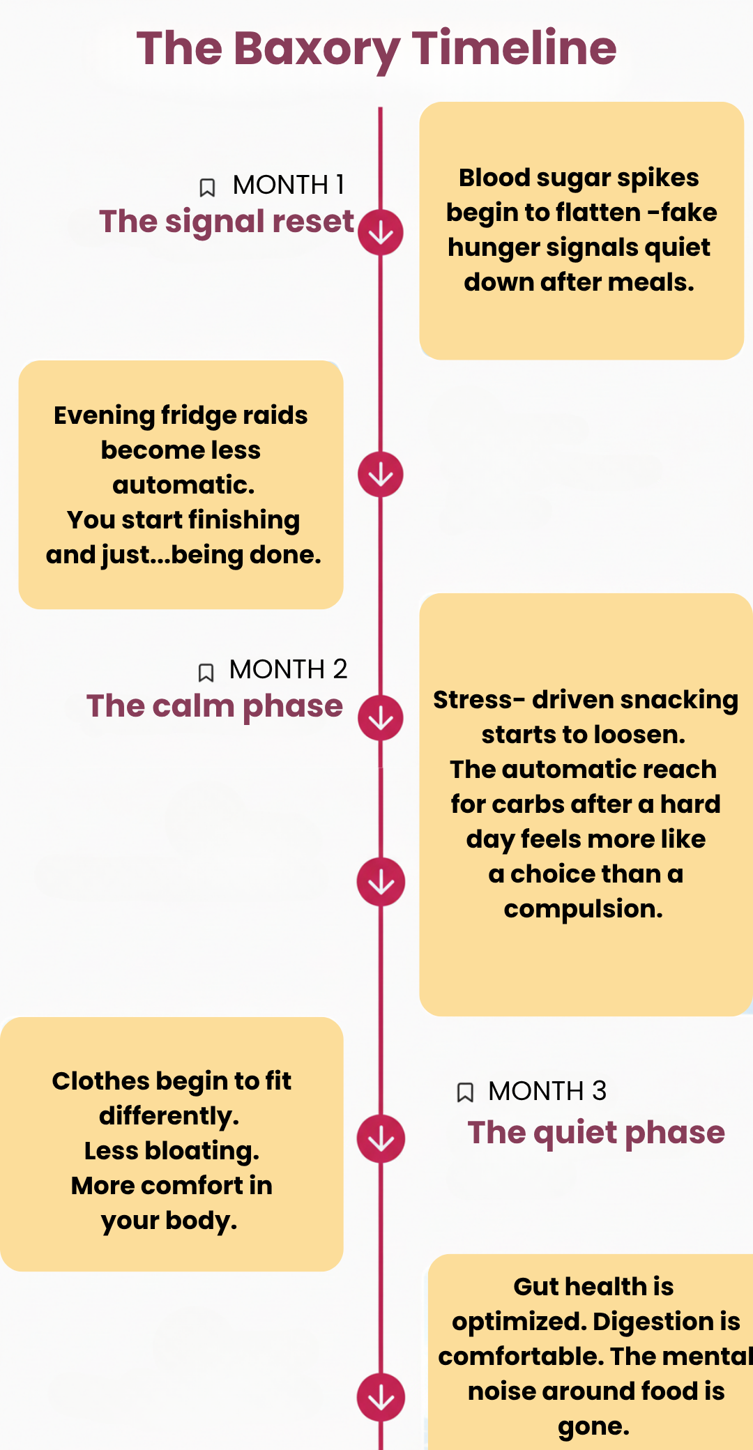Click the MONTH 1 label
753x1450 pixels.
(289, 185)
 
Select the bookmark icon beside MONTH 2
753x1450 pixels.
(206, 673)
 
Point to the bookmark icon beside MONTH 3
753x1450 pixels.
(464, 1092)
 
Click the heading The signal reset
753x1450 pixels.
(227, 222)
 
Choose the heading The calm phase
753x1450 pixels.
(215, 706)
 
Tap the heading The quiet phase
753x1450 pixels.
(596, 1133)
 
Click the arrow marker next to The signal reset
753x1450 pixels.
(381, 232)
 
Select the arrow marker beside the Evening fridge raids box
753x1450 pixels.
(381, 475)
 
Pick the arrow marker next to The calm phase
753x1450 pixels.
(381, 718)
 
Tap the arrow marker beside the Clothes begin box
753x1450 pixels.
(381, 1139)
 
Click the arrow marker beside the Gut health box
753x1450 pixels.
(381, 1397)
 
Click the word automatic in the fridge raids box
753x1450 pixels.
(183, 485)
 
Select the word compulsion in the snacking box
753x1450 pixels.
(583, 909)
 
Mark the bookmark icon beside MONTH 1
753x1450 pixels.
(207, 188)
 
